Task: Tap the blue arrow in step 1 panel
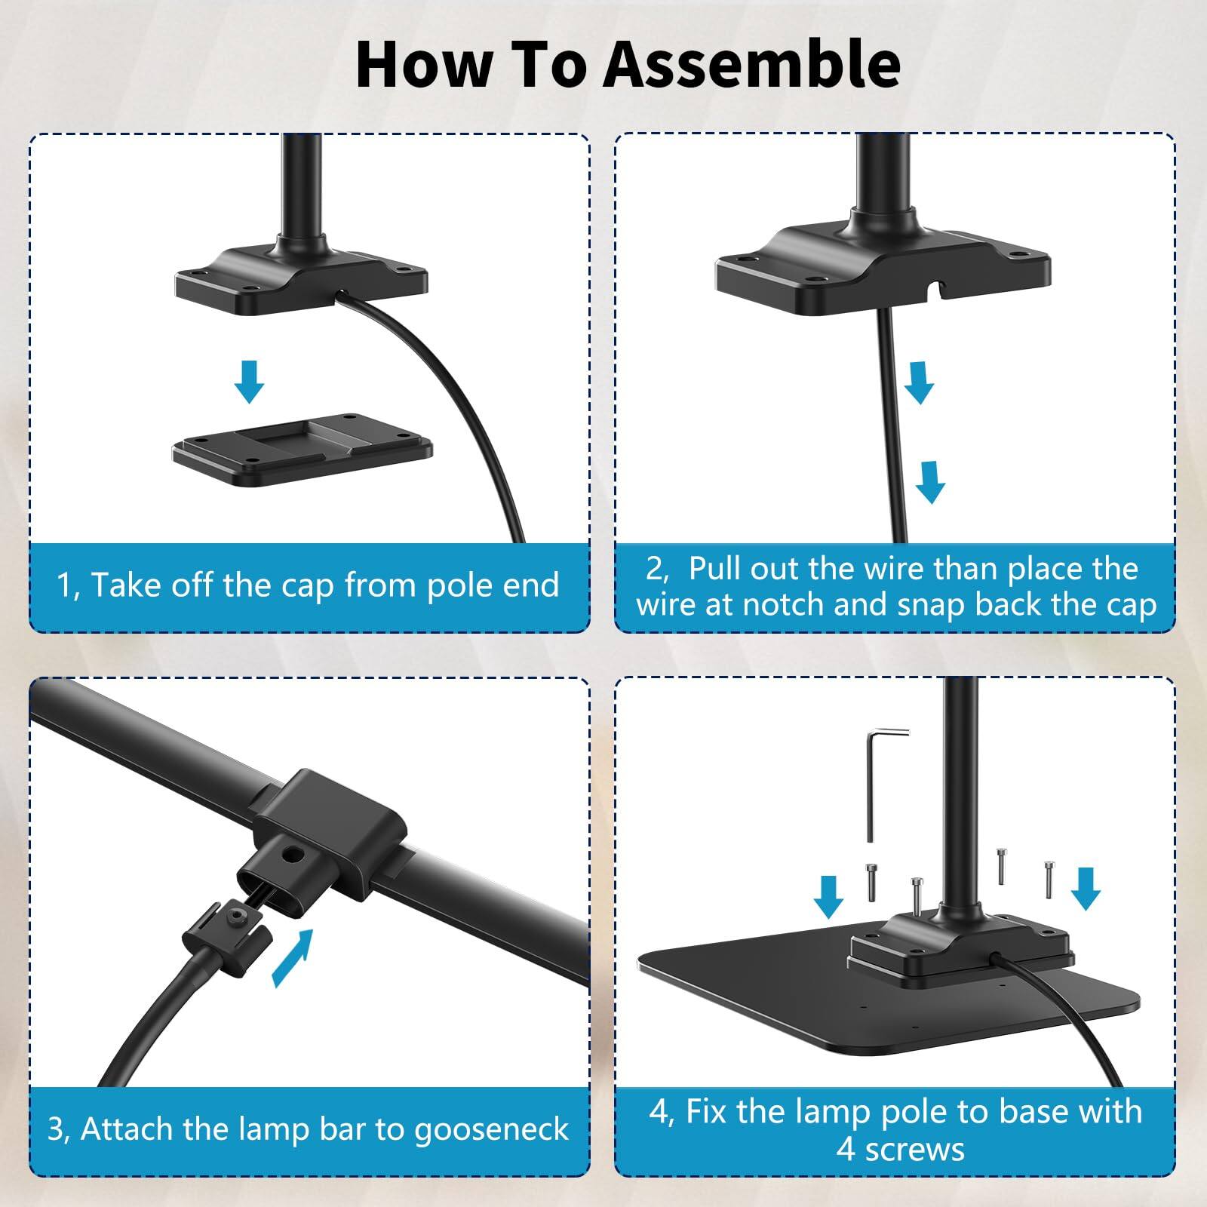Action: [x=249, y=381]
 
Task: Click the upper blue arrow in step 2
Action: [x=919, y=382]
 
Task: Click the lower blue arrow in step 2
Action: [x=929, y=482]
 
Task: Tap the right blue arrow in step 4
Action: [x=1086, y=887]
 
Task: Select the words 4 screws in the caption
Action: [x=899, y=1150]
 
